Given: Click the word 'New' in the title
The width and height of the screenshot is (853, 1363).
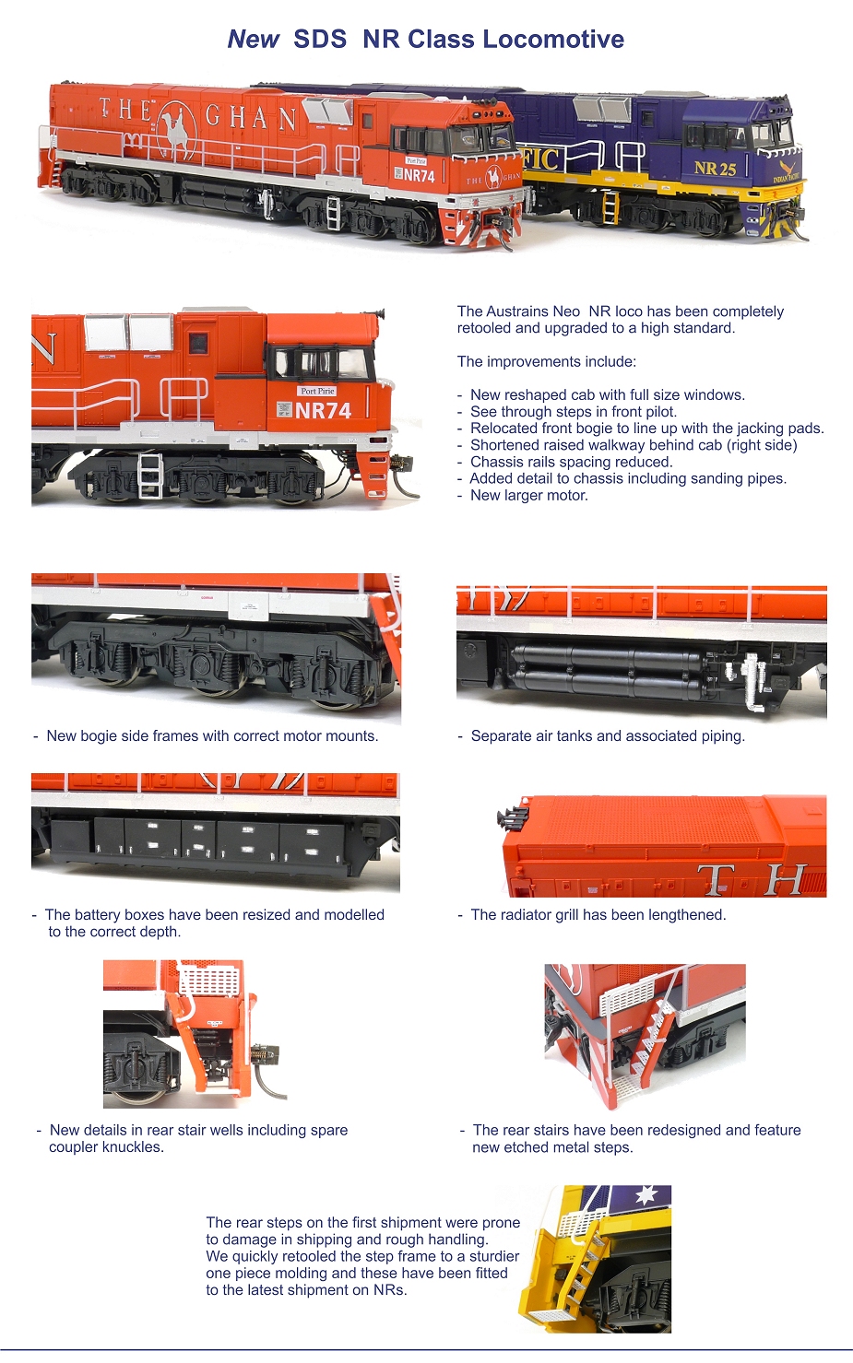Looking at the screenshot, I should [253, 40].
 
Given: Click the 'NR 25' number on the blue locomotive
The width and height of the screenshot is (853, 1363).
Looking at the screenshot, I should [715, 169].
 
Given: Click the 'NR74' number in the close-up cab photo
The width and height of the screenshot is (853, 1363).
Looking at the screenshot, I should [323, 411].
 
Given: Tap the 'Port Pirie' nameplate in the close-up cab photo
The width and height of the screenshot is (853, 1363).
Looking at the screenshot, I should [317, 391].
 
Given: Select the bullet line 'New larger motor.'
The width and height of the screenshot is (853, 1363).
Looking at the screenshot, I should [528, 496].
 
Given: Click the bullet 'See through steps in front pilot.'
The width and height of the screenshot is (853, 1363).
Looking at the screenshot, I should [573, 412].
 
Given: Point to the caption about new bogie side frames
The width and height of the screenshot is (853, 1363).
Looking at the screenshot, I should [212, 736].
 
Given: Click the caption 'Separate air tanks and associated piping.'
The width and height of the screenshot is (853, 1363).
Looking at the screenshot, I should [607, 736].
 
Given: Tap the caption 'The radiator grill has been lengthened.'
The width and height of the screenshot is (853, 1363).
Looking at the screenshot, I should [598, 915].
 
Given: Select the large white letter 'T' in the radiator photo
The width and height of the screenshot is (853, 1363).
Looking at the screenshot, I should [716, 879].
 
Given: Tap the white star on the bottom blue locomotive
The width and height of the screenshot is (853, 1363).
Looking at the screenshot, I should [646, 1196].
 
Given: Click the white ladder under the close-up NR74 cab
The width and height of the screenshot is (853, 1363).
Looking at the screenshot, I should [149, 475].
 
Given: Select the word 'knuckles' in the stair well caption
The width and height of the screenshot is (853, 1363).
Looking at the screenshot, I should [134, 1147].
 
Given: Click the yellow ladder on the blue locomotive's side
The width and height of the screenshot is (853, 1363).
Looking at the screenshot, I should [609, 207].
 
